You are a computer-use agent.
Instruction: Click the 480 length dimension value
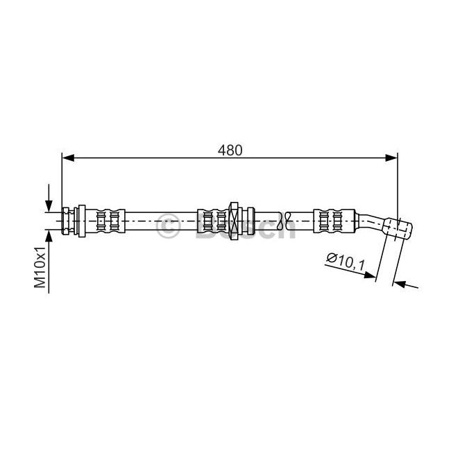230,150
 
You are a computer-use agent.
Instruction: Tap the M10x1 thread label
40,267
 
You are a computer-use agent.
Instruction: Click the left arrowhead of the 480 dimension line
69,158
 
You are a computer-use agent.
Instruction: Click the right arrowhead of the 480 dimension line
391,158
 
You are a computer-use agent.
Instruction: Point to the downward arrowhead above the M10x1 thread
49,206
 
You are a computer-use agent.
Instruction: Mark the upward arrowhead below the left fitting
49,237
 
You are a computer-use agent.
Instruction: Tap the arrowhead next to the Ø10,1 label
370,275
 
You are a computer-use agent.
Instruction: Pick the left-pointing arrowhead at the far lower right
399,284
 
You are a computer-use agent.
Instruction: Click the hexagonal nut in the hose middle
233,221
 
